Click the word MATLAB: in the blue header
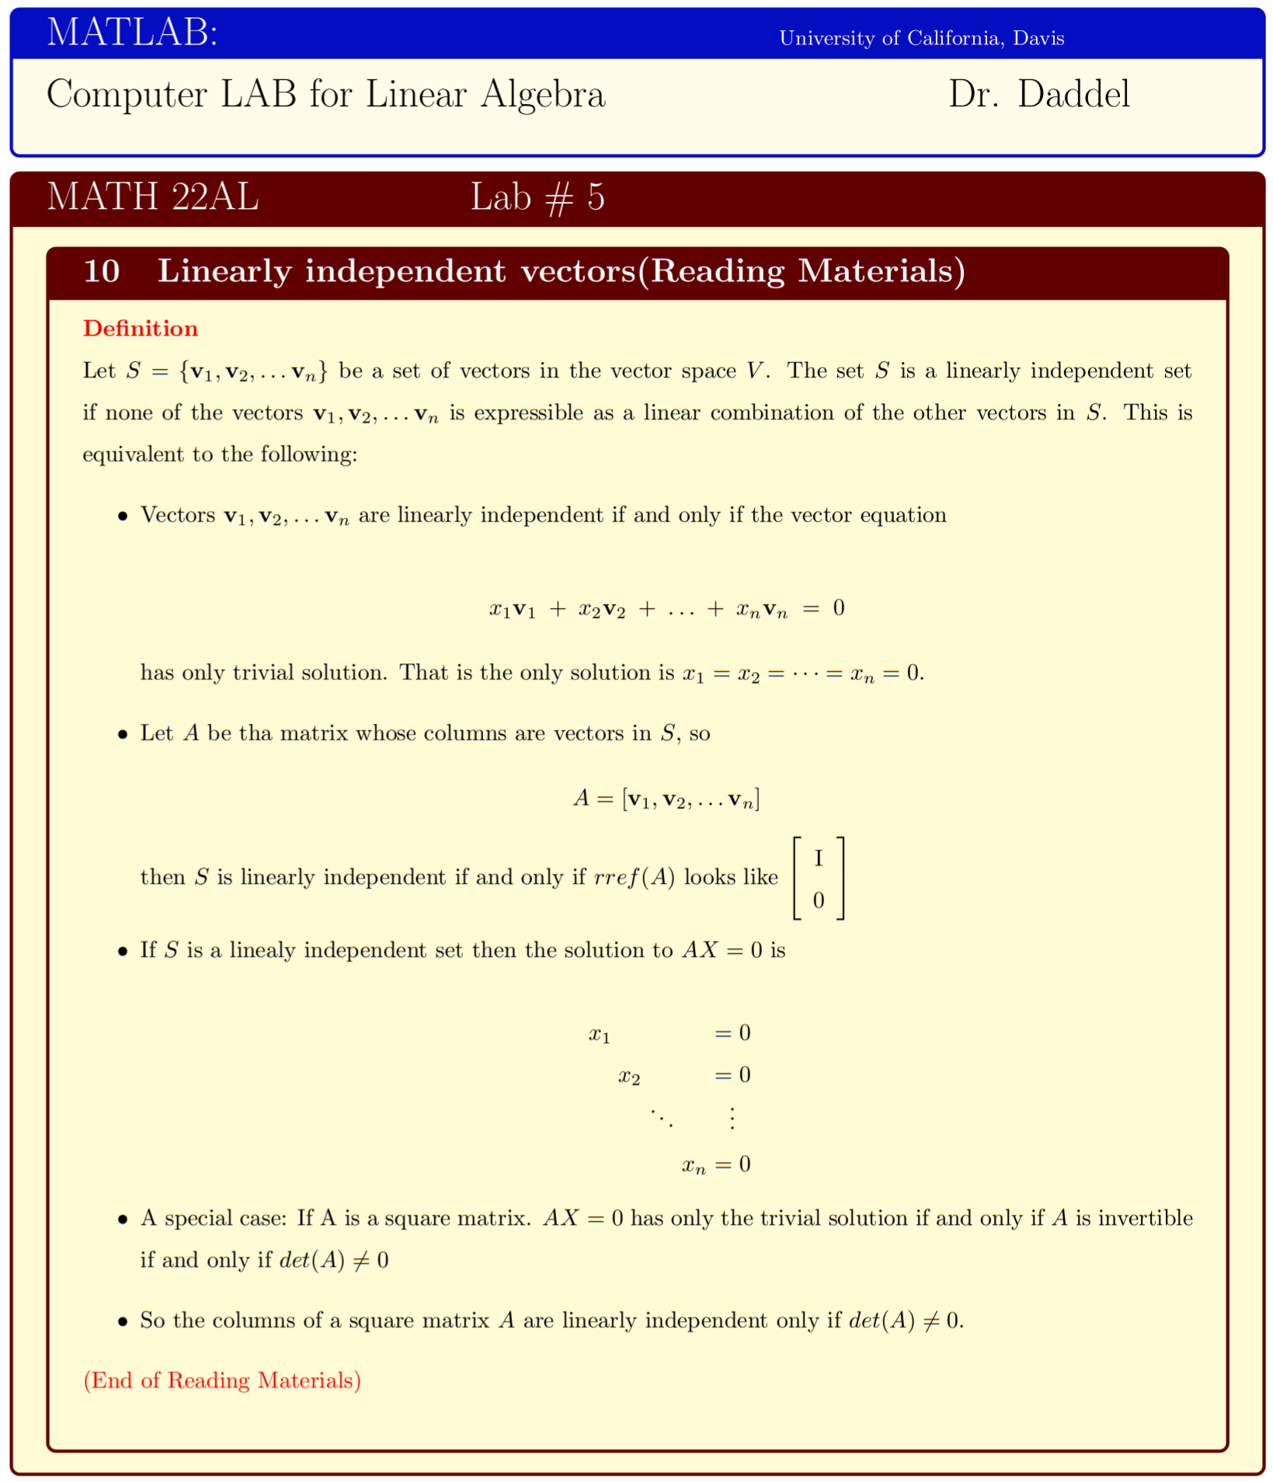132,33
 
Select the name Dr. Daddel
1038,94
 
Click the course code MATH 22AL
152,197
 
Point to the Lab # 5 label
537,197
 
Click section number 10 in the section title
101,271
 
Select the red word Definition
141,329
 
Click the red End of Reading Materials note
222,1380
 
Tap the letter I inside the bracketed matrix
818,858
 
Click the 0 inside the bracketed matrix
818,900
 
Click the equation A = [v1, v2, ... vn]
666,798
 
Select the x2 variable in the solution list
629,1077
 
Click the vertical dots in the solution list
732,1118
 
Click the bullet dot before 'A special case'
122,1219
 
